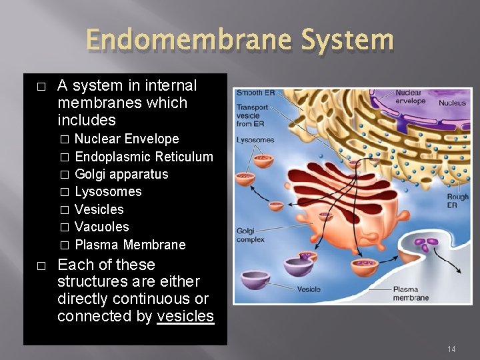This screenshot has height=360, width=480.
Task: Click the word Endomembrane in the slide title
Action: click(171, 41)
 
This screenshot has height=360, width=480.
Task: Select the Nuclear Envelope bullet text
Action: click(127, 139)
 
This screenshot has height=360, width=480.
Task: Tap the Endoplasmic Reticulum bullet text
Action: click(144, 157)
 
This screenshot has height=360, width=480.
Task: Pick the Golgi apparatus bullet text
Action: click(121, 174)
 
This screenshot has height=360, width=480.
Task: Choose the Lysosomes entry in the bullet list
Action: click(108, 191)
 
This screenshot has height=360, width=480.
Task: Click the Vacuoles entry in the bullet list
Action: click(101, 227)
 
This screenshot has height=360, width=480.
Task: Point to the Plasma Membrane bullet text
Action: click(130, 245)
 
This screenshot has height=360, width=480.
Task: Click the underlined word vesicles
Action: click(185, 316)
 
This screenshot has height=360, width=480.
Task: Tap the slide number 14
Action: click(451, 349)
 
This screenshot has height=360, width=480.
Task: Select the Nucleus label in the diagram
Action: click(452, 103)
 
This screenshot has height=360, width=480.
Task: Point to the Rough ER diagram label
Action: click(457, 201)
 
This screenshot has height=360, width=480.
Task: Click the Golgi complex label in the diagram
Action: click(250, 235)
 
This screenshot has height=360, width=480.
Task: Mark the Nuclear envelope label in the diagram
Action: click(410, 97)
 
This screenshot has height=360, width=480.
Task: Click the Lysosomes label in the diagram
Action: click(255, 140)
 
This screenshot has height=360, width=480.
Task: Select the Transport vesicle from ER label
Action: click(252, 115)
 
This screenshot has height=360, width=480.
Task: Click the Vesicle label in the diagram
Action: click(309, 289)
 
